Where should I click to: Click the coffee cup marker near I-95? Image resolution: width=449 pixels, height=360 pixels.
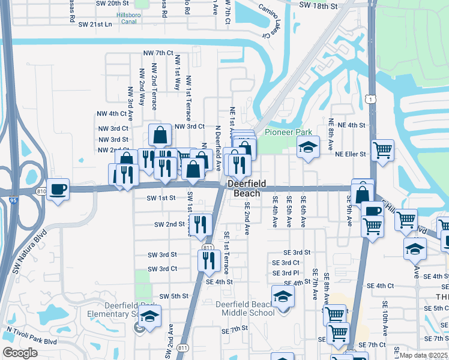tap(58, 190)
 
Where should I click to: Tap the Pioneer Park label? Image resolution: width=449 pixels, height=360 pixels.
tap(280, 132)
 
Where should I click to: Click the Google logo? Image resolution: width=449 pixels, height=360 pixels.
tap(20, 353)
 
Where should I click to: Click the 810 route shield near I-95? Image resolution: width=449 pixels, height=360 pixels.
tap(41, 191)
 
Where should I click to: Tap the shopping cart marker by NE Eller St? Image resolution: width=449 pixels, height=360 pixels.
tap(382, 151)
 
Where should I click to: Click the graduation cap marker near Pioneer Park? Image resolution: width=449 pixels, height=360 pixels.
tap(308, 148)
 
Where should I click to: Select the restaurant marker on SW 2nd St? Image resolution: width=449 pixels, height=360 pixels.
tap(200, 225)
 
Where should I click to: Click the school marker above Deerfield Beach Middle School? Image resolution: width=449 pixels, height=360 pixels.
tap(283, 297)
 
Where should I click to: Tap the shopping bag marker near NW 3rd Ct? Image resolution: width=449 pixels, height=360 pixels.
tap(161, 136)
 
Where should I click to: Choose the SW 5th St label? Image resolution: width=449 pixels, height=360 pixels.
tap(174, 296)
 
